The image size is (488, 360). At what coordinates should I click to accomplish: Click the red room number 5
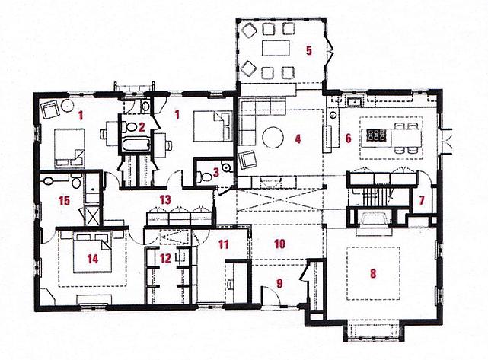308,50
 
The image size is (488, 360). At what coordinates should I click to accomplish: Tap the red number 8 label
373,273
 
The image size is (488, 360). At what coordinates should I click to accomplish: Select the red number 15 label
65,201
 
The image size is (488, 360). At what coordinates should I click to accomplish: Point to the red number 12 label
165,258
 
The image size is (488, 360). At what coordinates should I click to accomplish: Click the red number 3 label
216,173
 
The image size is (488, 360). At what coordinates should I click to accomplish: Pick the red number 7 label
422,201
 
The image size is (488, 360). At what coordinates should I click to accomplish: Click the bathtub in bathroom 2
136,145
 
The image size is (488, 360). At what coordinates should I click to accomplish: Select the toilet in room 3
204,177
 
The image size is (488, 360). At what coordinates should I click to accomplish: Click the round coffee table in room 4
273,137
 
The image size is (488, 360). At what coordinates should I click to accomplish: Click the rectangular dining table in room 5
276,48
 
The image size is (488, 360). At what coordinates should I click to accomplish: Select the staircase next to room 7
373,196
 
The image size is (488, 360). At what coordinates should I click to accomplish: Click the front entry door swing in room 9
272,296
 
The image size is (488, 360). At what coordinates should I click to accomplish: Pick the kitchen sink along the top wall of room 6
353,101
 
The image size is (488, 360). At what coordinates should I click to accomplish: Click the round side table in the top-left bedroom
68,106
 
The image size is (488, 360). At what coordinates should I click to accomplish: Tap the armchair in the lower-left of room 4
248,159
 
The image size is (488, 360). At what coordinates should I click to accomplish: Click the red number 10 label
279,244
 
